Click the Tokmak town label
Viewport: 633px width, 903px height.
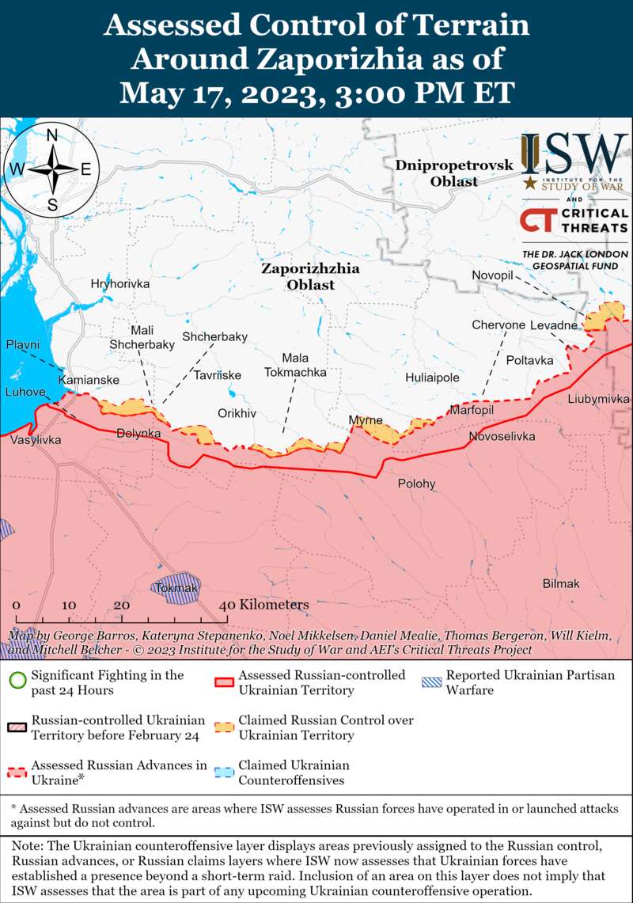click(176, 588)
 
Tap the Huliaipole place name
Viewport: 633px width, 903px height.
click(432, 378)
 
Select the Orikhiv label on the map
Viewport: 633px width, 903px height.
click(237, 413)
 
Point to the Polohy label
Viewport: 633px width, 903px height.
click(416, 484)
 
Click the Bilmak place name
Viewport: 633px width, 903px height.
click(561, 583)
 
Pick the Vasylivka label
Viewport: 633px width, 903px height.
click(36, 439)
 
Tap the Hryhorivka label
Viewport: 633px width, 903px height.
click(120, 283)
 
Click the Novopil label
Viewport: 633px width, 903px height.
click(493, 274)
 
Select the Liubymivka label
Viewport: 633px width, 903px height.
click(598, 399)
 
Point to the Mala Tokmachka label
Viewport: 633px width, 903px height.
click(295, 365)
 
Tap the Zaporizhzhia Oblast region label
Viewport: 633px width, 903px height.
click(310, 276)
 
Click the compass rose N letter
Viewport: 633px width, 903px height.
click(52, 135)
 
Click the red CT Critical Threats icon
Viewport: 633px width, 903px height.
click(537, 219)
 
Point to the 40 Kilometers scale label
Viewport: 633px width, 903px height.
click(263, 605)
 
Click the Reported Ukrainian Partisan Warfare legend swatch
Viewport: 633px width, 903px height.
click(431, 681)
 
